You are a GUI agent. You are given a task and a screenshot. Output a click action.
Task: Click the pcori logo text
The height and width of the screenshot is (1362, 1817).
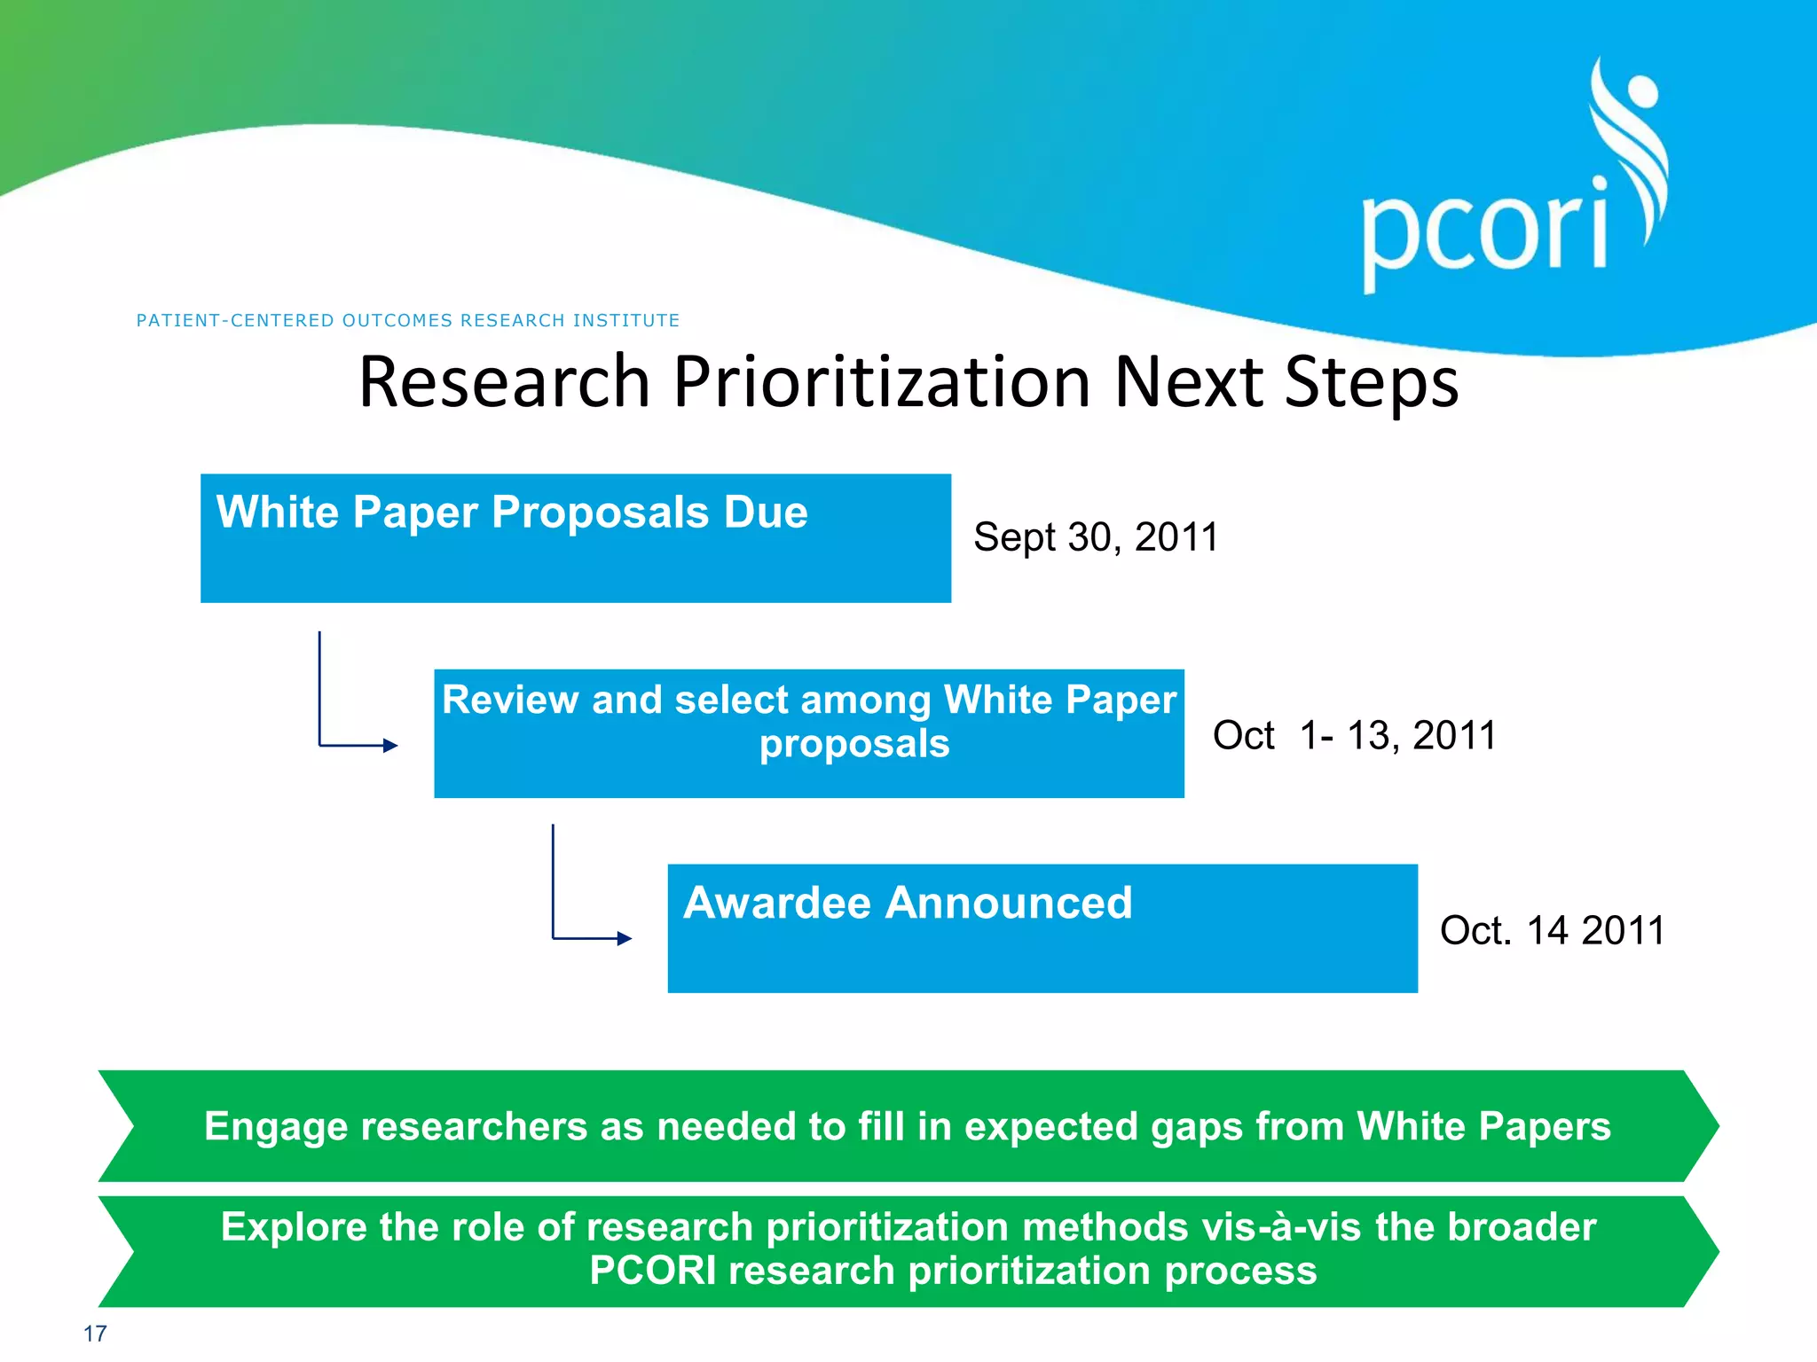1484,232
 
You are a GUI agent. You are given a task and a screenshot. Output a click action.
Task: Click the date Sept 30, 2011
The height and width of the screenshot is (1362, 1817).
1096,536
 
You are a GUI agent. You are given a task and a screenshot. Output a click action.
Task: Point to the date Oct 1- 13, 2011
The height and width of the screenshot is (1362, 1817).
1354,735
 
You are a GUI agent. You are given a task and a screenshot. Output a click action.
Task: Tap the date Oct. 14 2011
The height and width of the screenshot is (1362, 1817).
1552,930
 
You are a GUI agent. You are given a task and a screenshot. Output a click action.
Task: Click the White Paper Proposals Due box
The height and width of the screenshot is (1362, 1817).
575,538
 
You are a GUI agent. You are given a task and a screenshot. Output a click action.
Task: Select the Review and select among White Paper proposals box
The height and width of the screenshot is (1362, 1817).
808,733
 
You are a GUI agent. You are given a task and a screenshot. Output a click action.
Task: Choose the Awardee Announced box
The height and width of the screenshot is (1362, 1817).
1042,928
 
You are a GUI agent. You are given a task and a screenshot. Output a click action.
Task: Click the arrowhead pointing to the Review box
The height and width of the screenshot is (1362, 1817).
390,746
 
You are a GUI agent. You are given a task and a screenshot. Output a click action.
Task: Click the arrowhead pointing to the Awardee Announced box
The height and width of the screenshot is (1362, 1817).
625,938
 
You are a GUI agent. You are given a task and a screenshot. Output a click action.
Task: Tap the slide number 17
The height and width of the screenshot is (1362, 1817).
95,1334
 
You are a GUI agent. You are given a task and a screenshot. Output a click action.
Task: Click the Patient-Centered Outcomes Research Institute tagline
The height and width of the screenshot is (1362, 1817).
408,320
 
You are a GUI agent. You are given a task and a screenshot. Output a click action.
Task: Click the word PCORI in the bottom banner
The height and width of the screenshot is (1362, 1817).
653,1271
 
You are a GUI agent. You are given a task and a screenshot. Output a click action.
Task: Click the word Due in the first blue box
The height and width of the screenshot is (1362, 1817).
766,513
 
